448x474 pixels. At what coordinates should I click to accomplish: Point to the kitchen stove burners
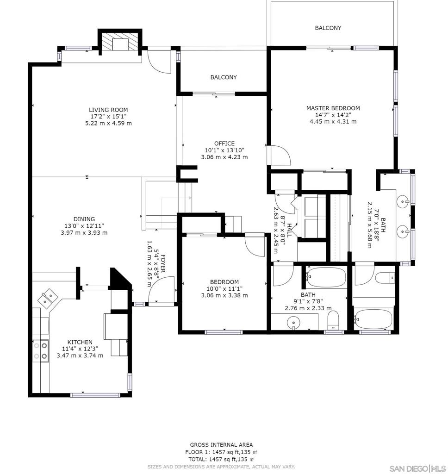(x=41, y=350)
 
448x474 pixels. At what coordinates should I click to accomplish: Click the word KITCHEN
(x=80, y=342)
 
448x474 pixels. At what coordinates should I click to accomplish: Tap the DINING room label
(x=84, y=219)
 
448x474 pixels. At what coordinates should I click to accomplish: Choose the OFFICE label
(x=224, y=143)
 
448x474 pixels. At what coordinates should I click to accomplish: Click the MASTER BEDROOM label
(x=333, y=108)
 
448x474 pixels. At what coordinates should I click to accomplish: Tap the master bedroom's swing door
(x=280, y=155)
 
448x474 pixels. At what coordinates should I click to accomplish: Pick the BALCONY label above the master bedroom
(x=328, y=28)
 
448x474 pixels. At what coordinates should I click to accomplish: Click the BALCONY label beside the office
(x=224, y=77)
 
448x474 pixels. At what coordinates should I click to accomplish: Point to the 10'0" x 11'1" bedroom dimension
(x=224, y=289)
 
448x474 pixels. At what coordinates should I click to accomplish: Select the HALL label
(x=289, y=230)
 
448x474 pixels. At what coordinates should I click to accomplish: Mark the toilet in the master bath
(x=384, y=278)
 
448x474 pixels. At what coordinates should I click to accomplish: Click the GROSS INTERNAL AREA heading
(x=221, y=445)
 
